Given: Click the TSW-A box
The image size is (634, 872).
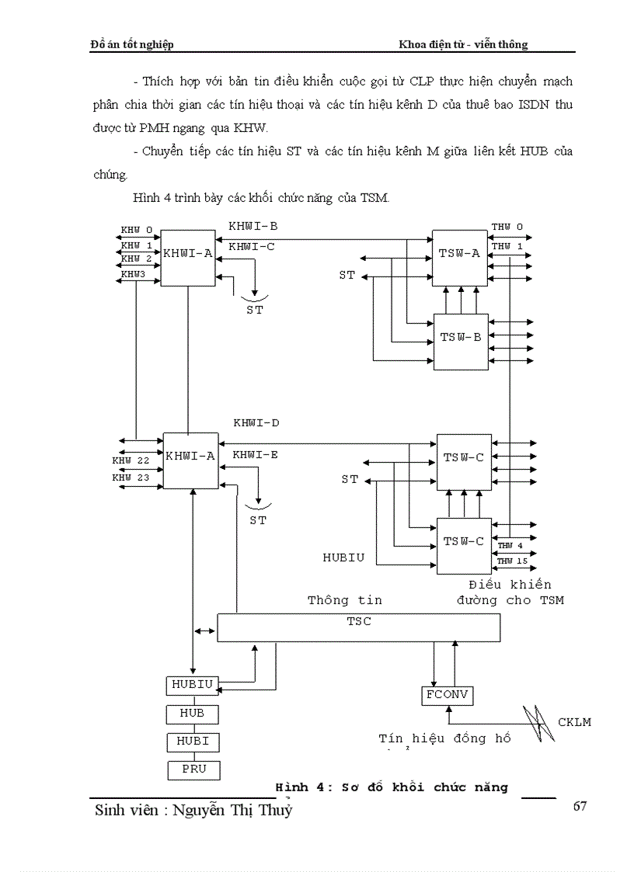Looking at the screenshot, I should point(460,253).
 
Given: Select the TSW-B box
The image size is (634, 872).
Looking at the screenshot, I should point(460,339).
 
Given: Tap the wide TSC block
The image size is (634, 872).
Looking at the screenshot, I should point(358,627).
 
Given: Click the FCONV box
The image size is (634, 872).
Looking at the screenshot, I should point(448,695).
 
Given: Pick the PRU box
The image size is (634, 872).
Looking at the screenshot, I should point(193,770).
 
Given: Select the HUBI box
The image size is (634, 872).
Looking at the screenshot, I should point(193,742).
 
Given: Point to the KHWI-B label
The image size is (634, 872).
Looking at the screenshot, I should point(253,226).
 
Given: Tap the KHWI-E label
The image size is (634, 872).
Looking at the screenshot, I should point(255,454).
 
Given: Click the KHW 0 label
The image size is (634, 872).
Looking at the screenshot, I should point(137,231).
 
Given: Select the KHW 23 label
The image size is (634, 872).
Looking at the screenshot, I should point(131,478).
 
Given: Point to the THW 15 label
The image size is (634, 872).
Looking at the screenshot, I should point(512,561).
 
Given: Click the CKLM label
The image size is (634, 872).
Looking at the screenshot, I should point(574,722).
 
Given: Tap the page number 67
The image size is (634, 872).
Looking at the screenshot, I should point(580,805).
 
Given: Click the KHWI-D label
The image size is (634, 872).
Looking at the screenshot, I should point(256,423).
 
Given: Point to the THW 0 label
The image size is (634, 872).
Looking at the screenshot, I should point(507,227).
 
